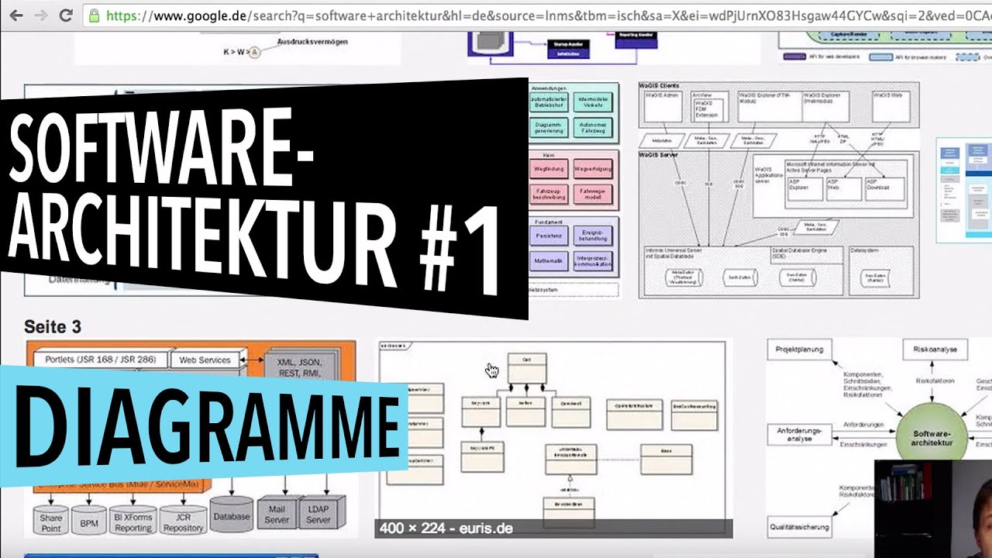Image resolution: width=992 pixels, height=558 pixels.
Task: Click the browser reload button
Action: pyautogui.click(x=66, y=15)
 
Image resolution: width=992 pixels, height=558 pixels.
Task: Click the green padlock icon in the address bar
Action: pyautogui.click(x=94, y=15)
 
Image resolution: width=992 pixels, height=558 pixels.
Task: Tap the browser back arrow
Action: pyautogui.click(x=15, y=15)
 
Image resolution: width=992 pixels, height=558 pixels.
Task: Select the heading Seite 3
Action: pyautogui.click(x=53, y=327)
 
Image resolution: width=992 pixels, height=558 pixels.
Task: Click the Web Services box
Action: pyautogui.click(x=205, y=360)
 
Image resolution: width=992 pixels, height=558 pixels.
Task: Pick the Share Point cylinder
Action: pyautogui.click(x=51, y=522)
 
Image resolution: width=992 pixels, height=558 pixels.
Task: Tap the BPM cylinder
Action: pyautogui.click(x=89, y=524)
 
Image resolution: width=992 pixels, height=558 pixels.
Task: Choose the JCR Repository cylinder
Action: pyautogui.click(x=183, y=522)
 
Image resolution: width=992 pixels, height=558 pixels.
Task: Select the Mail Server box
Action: pyautogui.click(x=277, y=515)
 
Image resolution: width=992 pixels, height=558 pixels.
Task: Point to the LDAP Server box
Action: pyautogui.click(x=318, y=515)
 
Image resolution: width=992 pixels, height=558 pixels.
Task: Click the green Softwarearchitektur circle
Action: pyautogui.click(x=930, y=439)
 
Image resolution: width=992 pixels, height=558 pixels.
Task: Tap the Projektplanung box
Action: pyautogui.click(x=800, y=350)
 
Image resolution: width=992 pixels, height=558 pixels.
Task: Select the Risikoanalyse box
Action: pyautogui.click(x=934, y=350)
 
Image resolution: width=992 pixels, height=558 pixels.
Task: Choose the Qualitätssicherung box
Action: pyautogui.click(x=800, y=527)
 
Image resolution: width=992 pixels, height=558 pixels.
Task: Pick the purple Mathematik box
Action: pyautogui.click(x=549, y=260)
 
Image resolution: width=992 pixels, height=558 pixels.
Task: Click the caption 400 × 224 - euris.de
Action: pyautogui.click(x=446, y=529)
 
